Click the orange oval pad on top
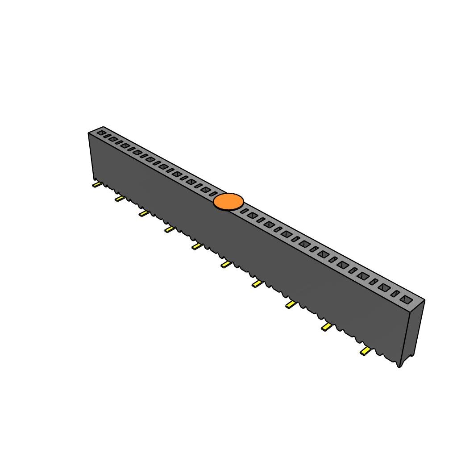[228, 202]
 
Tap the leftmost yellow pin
[96, 184]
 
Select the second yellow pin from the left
[119, 198]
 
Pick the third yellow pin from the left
[143, 214]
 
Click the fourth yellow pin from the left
[169, 229]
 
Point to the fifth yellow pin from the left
[196, 246]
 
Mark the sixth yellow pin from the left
[226, 265]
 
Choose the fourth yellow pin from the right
[257, 284]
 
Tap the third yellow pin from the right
[291, 304]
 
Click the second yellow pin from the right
[327, 328]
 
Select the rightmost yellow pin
[366, 352]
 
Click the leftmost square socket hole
[102, 133]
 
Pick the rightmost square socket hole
[406, 299]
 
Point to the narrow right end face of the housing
[413, 330]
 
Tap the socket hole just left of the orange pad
[213, 194]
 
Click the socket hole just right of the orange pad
[244, 211]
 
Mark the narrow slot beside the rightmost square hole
[395, 294]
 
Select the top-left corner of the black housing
[89, 133]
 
